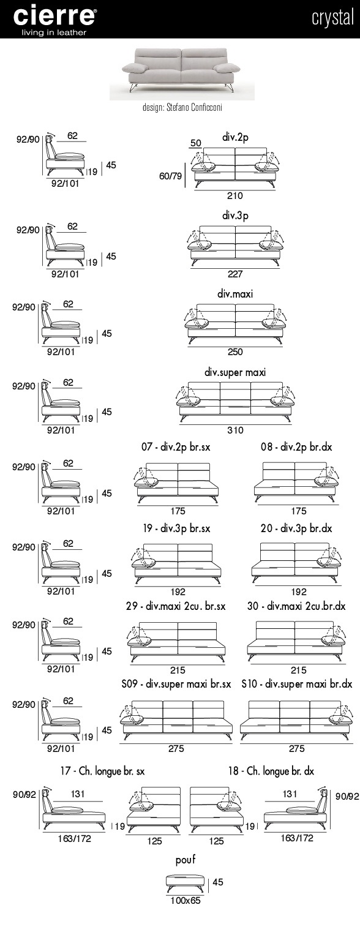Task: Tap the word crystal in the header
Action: (332, 18)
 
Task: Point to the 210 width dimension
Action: (234, 195)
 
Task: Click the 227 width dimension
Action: (235, 274)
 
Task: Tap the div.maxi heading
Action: (235, 294)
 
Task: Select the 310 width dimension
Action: (235, 430)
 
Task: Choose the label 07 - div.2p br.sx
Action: (176, 447)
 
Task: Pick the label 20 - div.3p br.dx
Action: (296, 528)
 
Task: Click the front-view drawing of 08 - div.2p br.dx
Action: (296, 483)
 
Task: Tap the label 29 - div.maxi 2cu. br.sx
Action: (176, 606)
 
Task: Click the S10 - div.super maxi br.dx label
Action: (297, 684)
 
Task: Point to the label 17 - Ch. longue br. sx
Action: (102, 771)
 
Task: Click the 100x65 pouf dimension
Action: (185, 900)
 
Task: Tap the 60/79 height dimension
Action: (170, 176)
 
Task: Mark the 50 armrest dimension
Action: (195, 143)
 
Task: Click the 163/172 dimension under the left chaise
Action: (74, 838)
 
